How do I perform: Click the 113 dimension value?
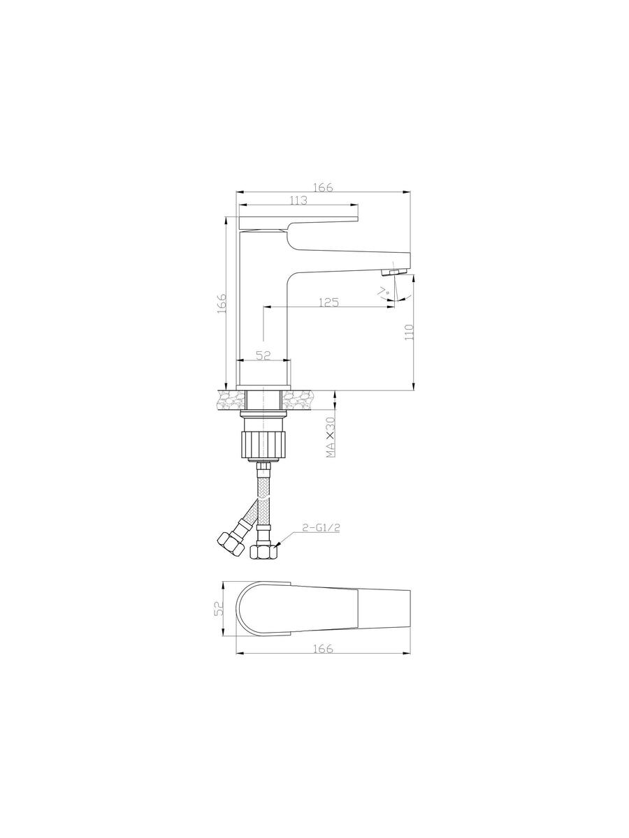tap(298, 200)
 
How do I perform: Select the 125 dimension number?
tap(329, 302)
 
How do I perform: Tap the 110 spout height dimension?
tap(409, 332)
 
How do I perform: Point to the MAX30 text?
tap(331, 436)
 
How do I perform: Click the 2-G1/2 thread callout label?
tap(321, 528)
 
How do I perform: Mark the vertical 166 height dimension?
tap(222, 304)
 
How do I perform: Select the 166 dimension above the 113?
tap(323, 187)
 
